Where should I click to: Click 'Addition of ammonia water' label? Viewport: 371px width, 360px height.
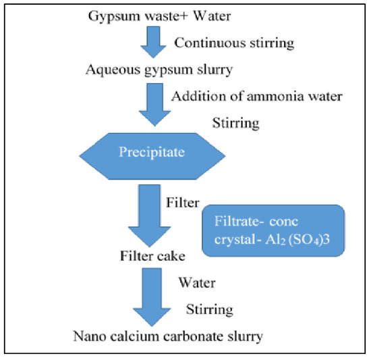[x=257, y=96]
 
